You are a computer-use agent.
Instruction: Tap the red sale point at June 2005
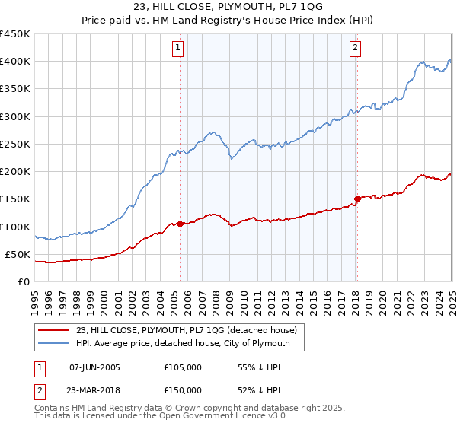click(x=180, y=224)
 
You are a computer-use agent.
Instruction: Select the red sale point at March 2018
click(x=356, y=199)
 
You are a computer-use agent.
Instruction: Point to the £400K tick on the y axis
click(x=16, y=62)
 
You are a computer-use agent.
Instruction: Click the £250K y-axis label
click(x=16, y=144)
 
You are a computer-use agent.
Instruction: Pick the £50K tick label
click(x=19, y=254)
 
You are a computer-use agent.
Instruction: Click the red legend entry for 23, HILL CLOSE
click(x=190, y=329)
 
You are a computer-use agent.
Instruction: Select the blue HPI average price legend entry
click(x=189, y=344)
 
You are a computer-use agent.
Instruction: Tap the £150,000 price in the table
click(x=182, y=389)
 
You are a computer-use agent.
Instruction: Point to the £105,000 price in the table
click(x=182, y=367)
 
